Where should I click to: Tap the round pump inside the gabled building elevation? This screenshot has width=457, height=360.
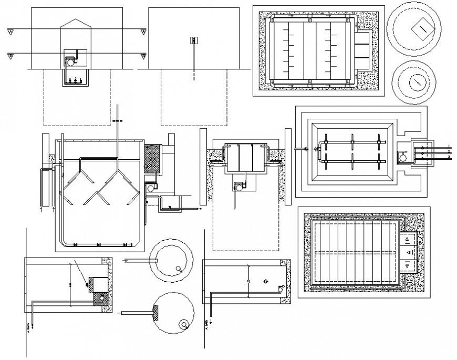(x=69, y=61)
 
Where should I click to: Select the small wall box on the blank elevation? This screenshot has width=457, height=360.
(x=193, y=40)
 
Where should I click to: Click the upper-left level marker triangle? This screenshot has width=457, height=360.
(x=11, y=33)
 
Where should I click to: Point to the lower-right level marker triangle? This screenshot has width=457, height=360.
(x=142, y=56)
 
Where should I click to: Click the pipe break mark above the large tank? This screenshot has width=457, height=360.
(x=117, y=121)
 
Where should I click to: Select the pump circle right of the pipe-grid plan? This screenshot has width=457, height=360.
(x=403, y=156)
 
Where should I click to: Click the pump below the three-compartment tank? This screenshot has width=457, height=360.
(x=237, y=186)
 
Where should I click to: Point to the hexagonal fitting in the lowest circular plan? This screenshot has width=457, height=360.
(x=183, y=324)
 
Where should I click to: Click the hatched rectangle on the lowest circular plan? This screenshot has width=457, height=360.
(x=157, y=313)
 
